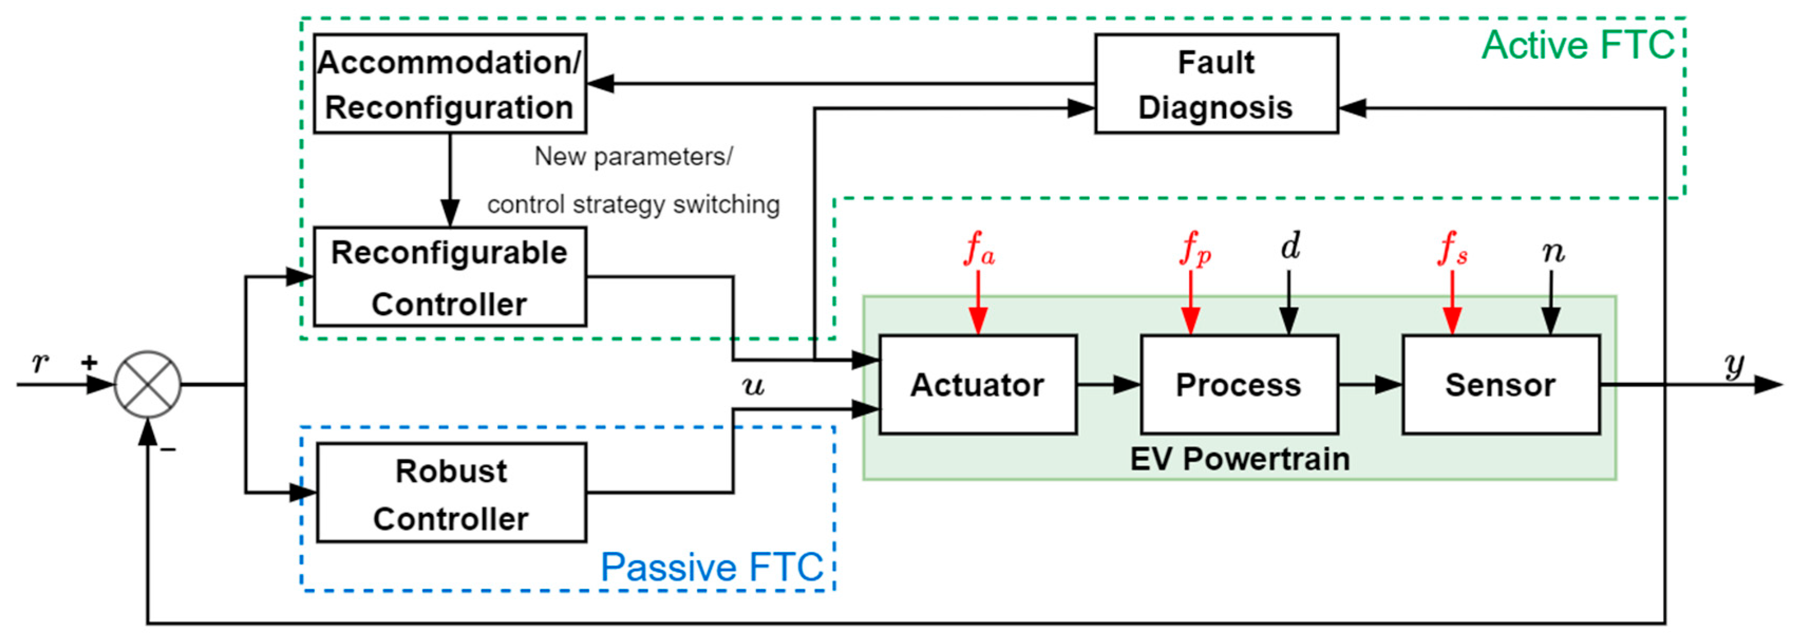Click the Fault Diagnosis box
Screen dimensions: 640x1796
(1216, 84)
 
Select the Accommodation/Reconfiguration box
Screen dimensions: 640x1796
(450, 84)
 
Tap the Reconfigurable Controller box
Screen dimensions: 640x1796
(450, 277)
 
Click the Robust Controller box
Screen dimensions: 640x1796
(451, 493)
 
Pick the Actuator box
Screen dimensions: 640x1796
(977, 385)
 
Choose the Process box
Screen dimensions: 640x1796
(1238, 385)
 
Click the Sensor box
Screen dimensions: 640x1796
(1500, 385)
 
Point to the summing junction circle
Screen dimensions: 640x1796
(148, 384)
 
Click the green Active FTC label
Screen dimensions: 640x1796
(1577, 45)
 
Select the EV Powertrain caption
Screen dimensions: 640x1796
(1240, 458)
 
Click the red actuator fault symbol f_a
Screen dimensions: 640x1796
(978, 249)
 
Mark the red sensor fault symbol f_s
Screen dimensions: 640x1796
(1452, 249)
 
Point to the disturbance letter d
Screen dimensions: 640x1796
(1290, 246)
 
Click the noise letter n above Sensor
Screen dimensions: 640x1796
(1553, 252)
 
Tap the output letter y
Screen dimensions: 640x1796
(1734, 365)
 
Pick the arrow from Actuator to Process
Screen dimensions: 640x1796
(1108, 385)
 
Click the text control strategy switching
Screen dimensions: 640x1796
(633, 205)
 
